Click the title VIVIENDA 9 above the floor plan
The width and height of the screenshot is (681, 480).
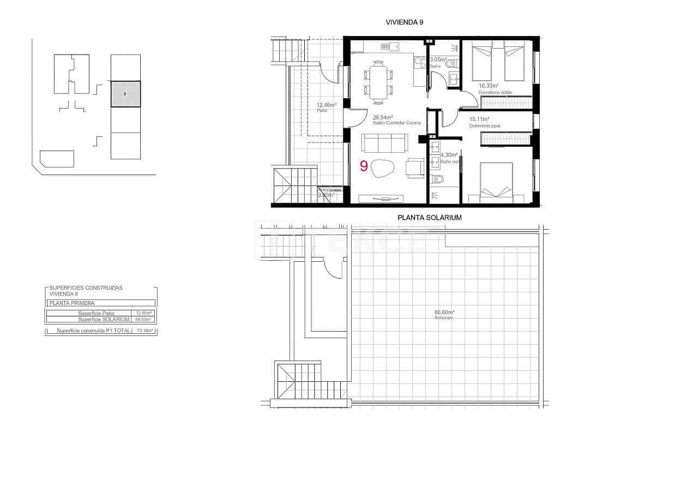tap(404, 22)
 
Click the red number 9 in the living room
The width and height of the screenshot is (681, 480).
tap(364, 166)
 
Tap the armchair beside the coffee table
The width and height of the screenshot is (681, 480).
tap(415, 167)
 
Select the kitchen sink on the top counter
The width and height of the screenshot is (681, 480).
tap(390, 47)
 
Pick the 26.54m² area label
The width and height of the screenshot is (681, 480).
tap(382, 117)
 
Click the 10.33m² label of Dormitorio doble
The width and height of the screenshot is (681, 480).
tap(489, 86)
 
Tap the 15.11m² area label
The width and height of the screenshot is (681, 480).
tap(479, 119)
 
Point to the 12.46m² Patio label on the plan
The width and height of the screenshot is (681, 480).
tap(327, 105)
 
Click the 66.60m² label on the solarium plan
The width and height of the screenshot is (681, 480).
tap(444, 313)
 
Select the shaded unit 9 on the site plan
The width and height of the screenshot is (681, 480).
tap(125, 94)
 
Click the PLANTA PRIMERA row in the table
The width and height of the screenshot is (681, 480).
tap(71, 303)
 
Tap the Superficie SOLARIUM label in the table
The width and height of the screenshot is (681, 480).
tap(104, 319)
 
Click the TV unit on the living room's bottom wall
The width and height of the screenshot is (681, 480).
tap(381, 197)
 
